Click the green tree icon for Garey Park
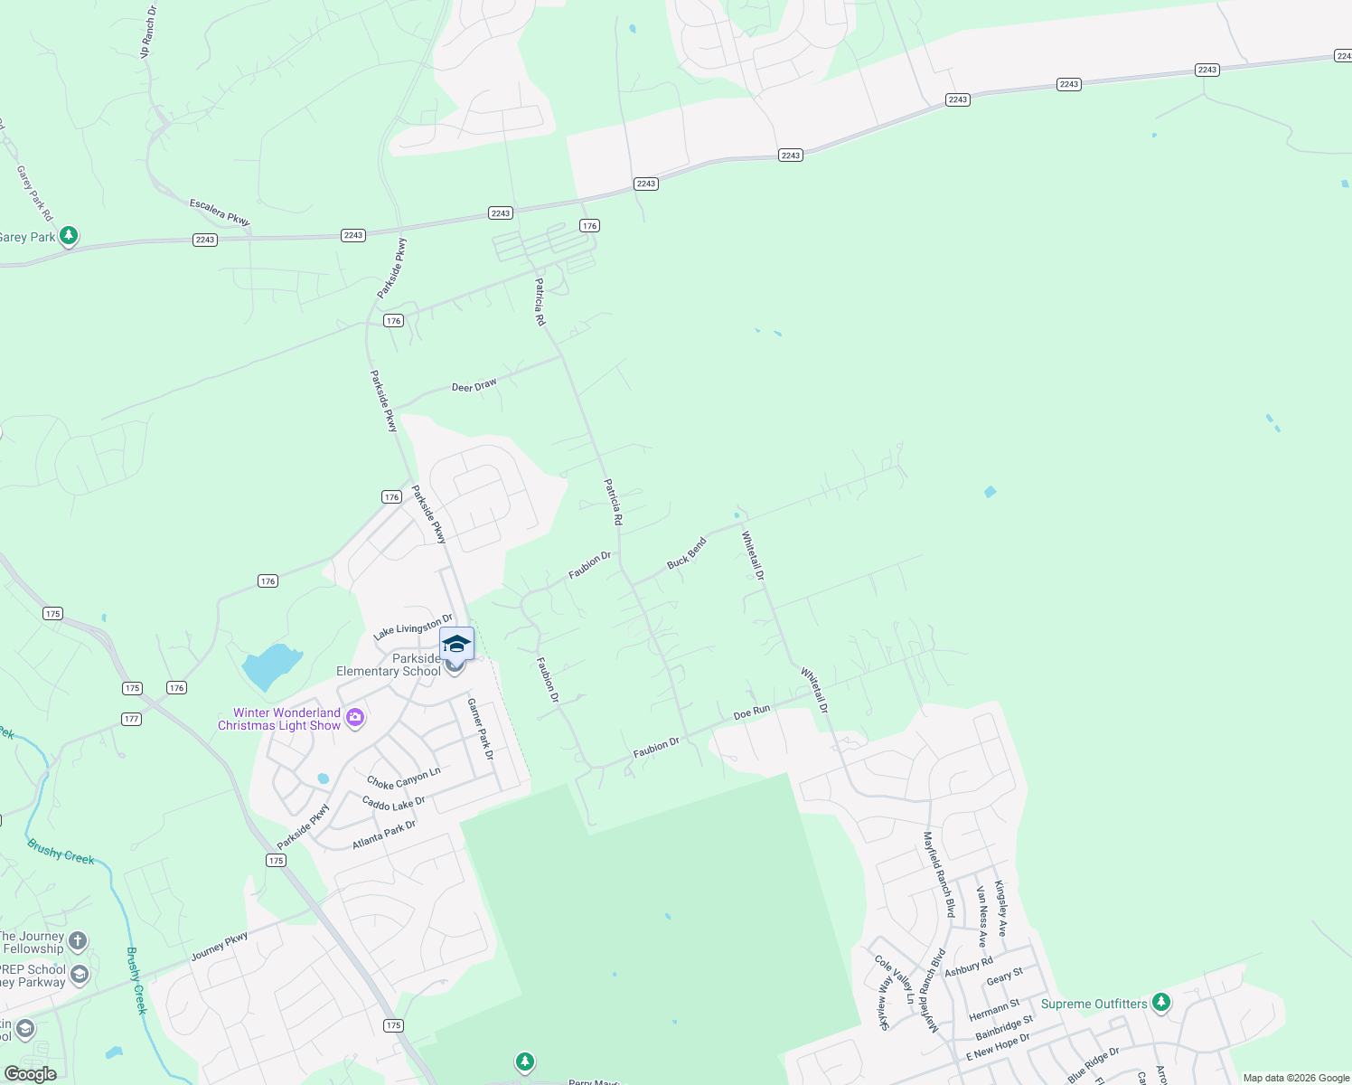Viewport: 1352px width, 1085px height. pos(69,236)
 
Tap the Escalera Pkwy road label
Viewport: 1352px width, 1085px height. pos(220,212)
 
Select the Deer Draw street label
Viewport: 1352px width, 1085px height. pos(474,386)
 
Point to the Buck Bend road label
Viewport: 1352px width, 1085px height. pos(687,552)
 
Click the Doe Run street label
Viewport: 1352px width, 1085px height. pos(752,712)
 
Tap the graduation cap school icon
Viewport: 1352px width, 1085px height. pos(456,644)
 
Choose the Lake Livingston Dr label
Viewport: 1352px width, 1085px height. pos(413,627)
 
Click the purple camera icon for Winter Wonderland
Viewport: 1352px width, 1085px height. pos(355,718)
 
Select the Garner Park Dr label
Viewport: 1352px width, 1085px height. pos(481,729)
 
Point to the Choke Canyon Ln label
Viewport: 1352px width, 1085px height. pos(404,778)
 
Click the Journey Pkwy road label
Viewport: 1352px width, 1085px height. pos(220,947)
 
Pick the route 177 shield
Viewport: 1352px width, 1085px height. pos(132,719)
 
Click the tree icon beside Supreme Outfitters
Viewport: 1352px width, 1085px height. pos(1161,1003)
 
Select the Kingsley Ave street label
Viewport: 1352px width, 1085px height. pos(1000,908)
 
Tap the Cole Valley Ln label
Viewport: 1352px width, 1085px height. pos(895,979)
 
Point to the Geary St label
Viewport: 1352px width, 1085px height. pos(1005,976)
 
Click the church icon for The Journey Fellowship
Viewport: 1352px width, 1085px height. pos(79,941)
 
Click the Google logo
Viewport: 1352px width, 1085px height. pos(31,1073)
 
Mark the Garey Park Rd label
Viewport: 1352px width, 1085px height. pos(35,193)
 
